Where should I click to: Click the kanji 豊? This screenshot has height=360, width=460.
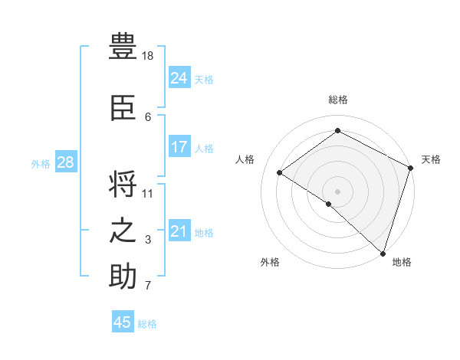pos(123,47)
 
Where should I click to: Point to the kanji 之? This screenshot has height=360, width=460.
pos(123,231)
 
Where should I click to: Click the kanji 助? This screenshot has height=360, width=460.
pos(123,277)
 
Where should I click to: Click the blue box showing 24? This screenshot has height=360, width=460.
pos(179,77)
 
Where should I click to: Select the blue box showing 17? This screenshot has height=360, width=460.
pos(179,147)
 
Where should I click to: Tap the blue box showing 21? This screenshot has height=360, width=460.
pos(179,231)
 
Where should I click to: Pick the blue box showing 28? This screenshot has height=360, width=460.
pos(65,162)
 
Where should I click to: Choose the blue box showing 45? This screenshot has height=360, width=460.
pos(123,322)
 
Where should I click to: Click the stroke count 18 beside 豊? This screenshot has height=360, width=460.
pos(148,56)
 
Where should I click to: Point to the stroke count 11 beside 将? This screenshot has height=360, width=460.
pos(148,193)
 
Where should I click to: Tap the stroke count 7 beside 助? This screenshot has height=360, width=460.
pos(148,286)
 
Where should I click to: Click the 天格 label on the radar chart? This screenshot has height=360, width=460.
pos(431,159)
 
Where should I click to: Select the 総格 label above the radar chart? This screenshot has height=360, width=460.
pos(337,100)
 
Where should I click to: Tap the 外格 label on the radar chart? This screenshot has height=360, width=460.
pos(270,262)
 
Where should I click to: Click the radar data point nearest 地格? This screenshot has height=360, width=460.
pos(383,254)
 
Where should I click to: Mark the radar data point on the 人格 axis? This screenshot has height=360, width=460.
pos(279,172)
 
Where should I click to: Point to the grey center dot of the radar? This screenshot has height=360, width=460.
pos(337,191)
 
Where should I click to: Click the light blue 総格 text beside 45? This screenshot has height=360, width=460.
pos(147,324)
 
